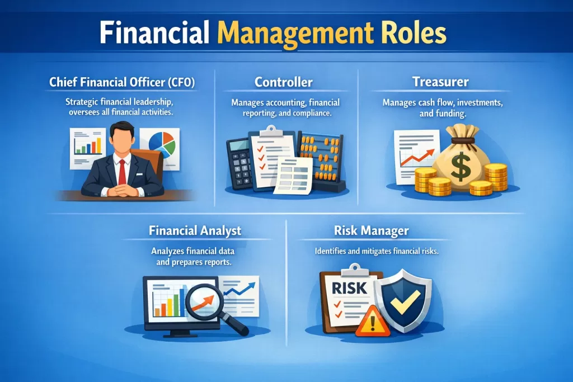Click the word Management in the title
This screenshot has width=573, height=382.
(295, 34)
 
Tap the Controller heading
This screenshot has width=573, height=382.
(284, 82)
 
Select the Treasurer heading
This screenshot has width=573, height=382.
(440, 82)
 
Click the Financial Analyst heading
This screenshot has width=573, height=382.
(195, 231)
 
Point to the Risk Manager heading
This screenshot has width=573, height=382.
(372, 231)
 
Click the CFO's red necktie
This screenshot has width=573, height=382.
(122, 172)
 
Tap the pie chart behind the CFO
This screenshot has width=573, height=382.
(162, 145)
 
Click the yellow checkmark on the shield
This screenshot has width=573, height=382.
(405, 301)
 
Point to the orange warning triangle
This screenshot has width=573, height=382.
(373, 322)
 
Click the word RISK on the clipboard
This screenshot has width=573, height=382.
(349, 288)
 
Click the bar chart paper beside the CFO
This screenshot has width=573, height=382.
(87, 148)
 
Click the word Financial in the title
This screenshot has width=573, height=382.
(154, 32)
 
